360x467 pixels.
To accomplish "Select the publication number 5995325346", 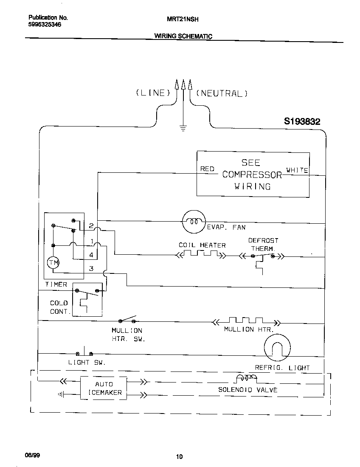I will click(x=45, y=25).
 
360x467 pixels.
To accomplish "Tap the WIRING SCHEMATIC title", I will click(x=183, y=36).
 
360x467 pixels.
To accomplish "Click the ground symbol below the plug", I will click(x=183, y=128).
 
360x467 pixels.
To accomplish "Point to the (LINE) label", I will click(x=152, y=93).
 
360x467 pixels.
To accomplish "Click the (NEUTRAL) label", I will click(x=222, y=93).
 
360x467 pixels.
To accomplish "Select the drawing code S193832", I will click(x=302, y=121).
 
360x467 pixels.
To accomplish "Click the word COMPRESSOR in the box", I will click(x=252, y=174).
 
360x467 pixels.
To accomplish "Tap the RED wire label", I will click(x=207, y=169).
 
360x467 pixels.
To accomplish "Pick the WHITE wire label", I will click(x=297, y=170).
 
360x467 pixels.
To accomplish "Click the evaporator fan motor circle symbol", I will click(x=194, y=222).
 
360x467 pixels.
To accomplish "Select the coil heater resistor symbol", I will click(x=200, y=255).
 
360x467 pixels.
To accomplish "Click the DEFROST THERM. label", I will click(x=263, y=244).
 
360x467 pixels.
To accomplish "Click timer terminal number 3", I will click(x=91, y=268).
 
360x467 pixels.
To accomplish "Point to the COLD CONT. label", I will click(x=59, y=307).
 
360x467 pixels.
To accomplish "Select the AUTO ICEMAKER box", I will click(x=104, y=388).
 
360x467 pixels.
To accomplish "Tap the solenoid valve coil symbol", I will click(x=246, y=378).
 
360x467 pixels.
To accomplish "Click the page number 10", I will click(x=180, y=457).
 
